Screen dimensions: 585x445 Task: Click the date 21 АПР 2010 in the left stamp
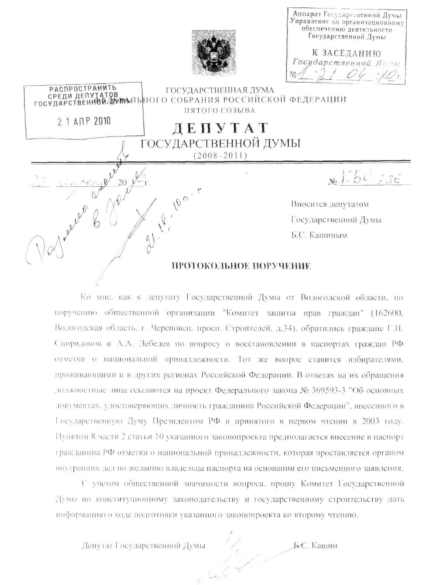(84, 121)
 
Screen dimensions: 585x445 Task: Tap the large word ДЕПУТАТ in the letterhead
(220, 128)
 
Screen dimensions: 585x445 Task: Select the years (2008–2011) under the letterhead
(220, 156)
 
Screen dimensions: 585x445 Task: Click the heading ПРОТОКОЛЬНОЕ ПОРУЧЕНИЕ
(242, 266)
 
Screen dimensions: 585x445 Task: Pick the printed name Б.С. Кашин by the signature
(316, 546)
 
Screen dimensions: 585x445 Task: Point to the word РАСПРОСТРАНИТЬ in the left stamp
(83, 88)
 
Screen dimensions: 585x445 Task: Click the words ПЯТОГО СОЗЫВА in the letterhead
(219, 110)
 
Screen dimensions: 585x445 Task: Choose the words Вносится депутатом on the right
(330, 204)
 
